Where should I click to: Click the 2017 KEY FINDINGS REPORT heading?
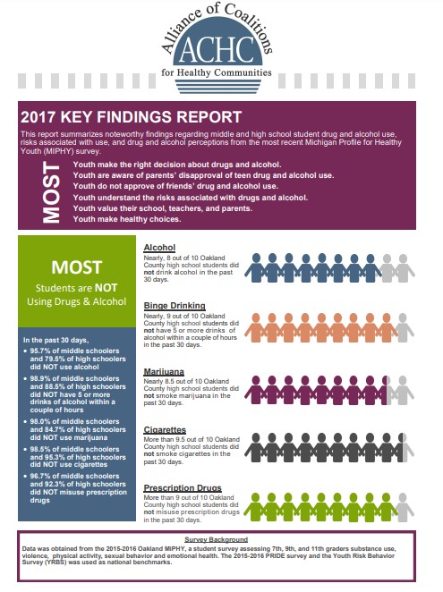pos(130,117)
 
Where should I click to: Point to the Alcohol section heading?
pos(158,247)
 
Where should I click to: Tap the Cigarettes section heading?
pos(165,429)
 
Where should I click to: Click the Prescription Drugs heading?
pos(183,487)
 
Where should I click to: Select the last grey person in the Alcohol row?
pos(405,269)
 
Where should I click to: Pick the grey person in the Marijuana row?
pos(405,390)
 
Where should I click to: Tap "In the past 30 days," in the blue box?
pos(56,340)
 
